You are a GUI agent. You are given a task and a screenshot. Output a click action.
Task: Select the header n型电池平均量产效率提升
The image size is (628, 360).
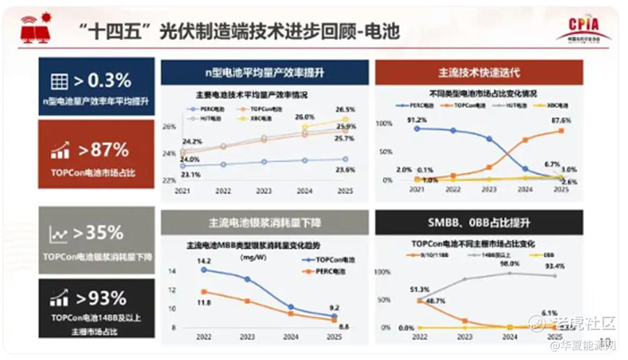click(264, 73)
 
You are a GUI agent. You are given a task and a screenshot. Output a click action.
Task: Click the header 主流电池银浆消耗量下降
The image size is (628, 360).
click(264, 223)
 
